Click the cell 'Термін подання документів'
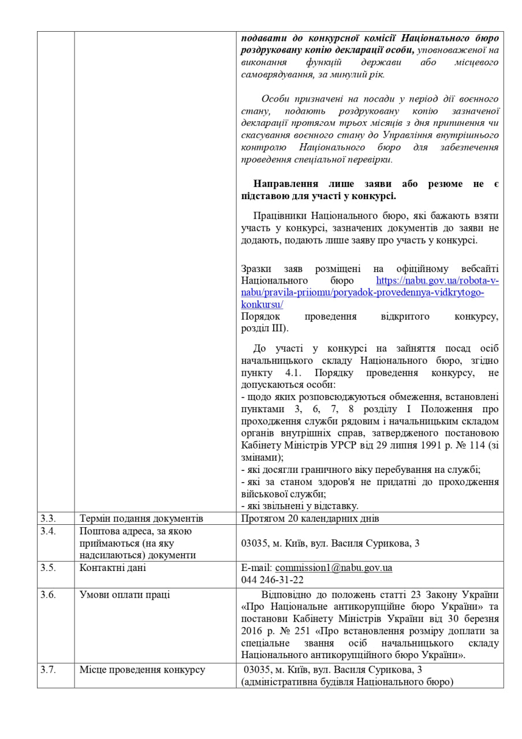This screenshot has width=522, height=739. click(x=141, y=518)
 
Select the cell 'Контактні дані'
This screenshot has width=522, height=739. click(x=113, y=568)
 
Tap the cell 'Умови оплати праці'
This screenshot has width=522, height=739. click(x=125, y=595)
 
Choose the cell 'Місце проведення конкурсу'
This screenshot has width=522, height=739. click(x=142, y=670)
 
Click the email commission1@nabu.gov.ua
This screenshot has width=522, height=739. click(x=333, y=568)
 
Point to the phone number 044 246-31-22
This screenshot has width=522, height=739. click(x=273, y=580)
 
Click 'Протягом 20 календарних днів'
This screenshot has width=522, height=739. click(x=310, y=518)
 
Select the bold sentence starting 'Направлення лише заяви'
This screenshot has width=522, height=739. click(x=370, y=190)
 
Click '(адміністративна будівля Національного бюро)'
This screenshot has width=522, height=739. click(x=347, y=682)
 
